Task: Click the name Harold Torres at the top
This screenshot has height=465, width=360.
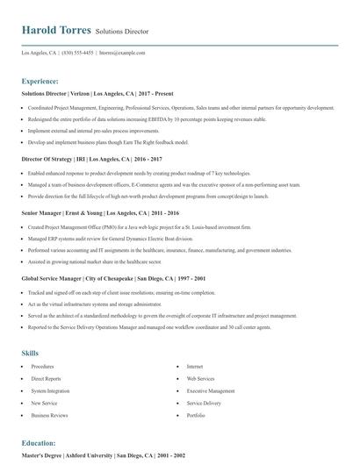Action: coord(56,29)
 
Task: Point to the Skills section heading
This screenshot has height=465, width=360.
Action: coord(30,352)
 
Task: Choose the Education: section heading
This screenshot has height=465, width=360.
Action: coord(39,444)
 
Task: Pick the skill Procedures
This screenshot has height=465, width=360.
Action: coord(43,366)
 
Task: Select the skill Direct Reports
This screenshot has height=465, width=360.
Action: coord(47,378)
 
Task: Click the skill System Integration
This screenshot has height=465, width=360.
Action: coord(51,390)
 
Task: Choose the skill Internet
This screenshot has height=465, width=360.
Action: coord(195,366)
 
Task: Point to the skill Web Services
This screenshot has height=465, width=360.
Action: coord(200,378)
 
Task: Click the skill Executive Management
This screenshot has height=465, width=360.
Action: coord(211,390)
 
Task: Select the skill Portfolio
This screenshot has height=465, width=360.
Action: coord(196,415)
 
